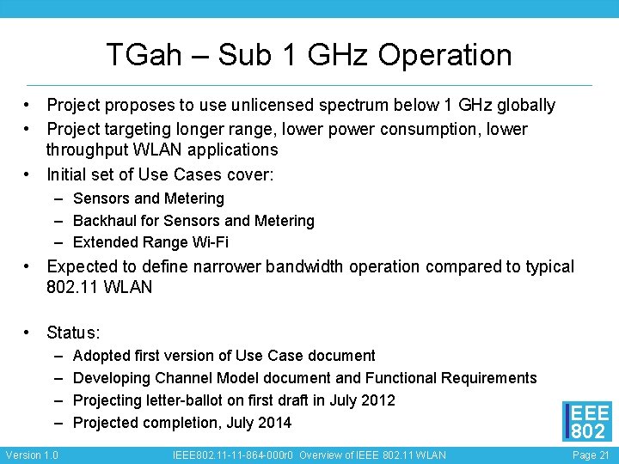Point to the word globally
521,105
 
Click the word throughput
90,150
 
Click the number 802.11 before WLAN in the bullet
73,287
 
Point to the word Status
73,333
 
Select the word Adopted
101,356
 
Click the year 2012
378,400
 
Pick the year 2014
274,423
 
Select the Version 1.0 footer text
32,455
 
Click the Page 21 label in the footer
591,455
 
